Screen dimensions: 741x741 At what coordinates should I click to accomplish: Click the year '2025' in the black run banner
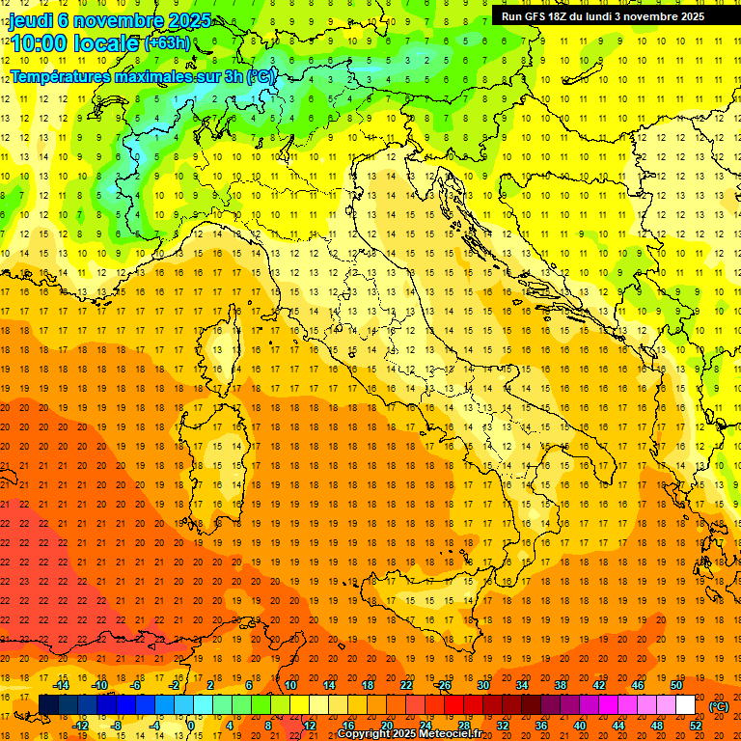click(687, 16)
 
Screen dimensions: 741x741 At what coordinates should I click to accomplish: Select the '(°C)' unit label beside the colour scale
click(719, 706)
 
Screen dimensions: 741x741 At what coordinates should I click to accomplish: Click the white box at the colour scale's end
click(685, 705)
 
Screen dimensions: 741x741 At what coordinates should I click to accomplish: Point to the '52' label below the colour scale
click(696, 726)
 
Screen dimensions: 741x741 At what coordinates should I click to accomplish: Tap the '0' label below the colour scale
click(191, 726)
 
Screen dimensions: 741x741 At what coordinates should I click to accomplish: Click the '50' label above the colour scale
click(676, 685)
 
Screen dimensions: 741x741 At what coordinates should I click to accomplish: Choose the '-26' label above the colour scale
click(443, 685)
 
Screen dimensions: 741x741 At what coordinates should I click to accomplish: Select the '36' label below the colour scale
click(541, 726)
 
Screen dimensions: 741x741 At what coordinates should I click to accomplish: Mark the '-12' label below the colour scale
click(81, 726)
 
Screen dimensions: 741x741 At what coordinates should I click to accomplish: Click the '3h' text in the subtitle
click(232, 75)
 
